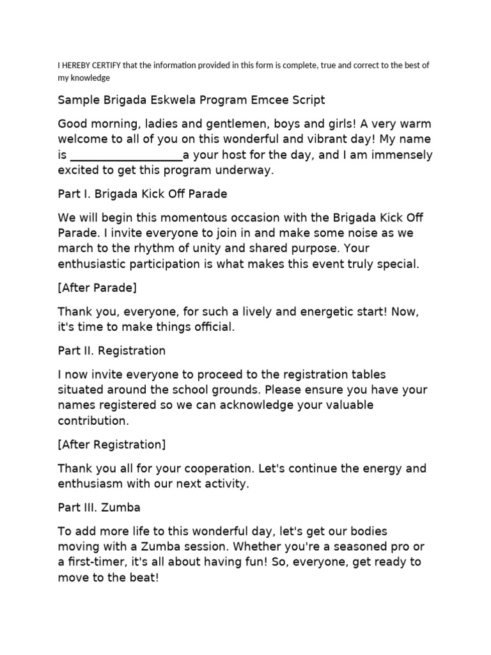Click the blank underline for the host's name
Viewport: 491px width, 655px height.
[x=126, y=155]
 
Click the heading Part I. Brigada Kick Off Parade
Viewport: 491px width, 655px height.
[x=143, y=193]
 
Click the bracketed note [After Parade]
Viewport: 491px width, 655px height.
[x=97, y=287]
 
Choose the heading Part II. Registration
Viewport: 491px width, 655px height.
[x=112, y=351]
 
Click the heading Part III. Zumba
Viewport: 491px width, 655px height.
[x=99, y=507]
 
